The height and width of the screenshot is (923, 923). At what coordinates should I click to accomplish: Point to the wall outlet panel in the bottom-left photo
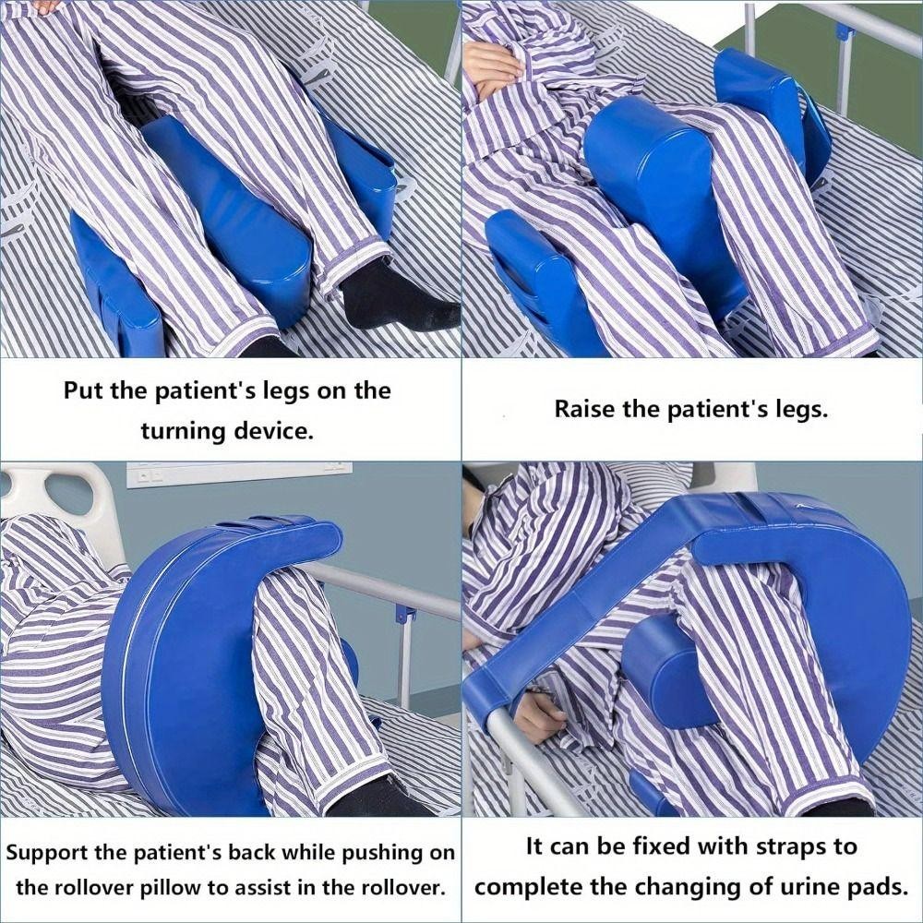click(x=238, y=473)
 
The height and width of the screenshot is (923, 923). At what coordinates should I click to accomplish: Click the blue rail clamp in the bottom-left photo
click(x=402, y=613)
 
